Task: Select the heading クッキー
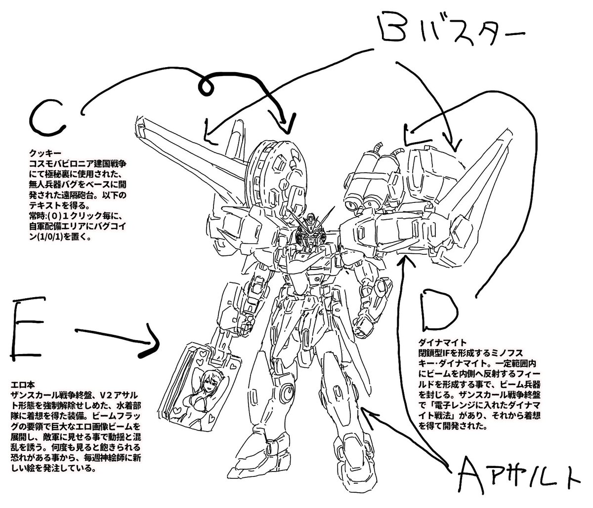pyautogui.click(x=41, y=154)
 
